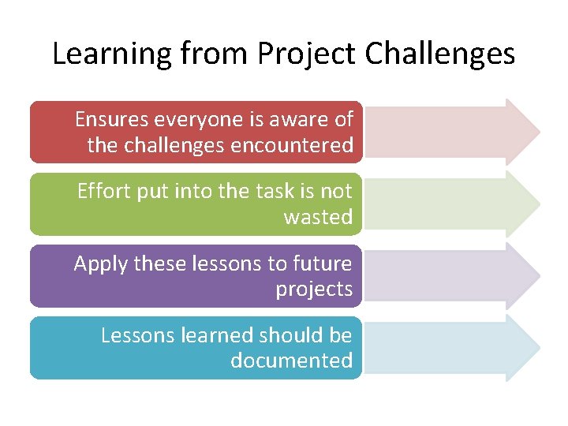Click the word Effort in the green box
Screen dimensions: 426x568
coord(100,192)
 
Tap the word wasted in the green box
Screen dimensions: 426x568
coord(318,218)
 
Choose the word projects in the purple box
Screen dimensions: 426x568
coord(314,290)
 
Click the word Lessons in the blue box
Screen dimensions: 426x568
coord(138,335)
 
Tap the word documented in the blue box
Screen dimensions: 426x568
coord(291,361)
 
